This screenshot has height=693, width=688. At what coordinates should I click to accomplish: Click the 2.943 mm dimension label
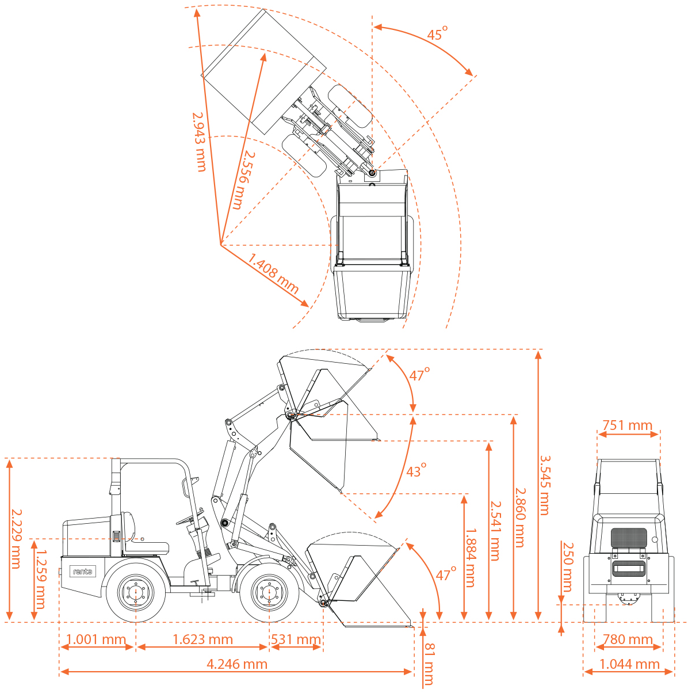(x=199, y=142)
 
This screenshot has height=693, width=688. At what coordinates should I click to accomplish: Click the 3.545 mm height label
(x=544, y=485)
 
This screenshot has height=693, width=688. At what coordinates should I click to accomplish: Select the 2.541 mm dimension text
(x=495, y=530)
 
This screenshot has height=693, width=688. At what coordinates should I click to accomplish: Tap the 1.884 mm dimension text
(x=470, y=557)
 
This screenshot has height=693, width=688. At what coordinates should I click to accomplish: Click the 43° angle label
(x=416, y=470)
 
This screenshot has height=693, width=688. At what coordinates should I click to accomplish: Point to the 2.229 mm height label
(x=16, y=538)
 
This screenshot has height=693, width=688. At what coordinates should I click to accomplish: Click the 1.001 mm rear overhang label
(x=96, y=639)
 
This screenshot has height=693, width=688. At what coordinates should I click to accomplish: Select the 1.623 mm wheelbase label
(x=203, y=639)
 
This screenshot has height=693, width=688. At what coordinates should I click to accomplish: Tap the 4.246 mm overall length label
(x=237, y=664)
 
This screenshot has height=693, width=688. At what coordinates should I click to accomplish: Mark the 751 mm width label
(x=627, y=425)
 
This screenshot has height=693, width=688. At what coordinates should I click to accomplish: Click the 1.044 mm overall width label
(x=629, y=664)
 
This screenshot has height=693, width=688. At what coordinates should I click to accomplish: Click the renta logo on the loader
(x=82, y=572)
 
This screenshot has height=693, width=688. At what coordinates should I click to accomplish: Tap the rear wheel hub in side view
(x=135, y=591)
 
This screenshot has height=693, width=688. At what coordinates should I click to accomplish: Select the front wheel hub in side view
(x=269, y=591)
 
